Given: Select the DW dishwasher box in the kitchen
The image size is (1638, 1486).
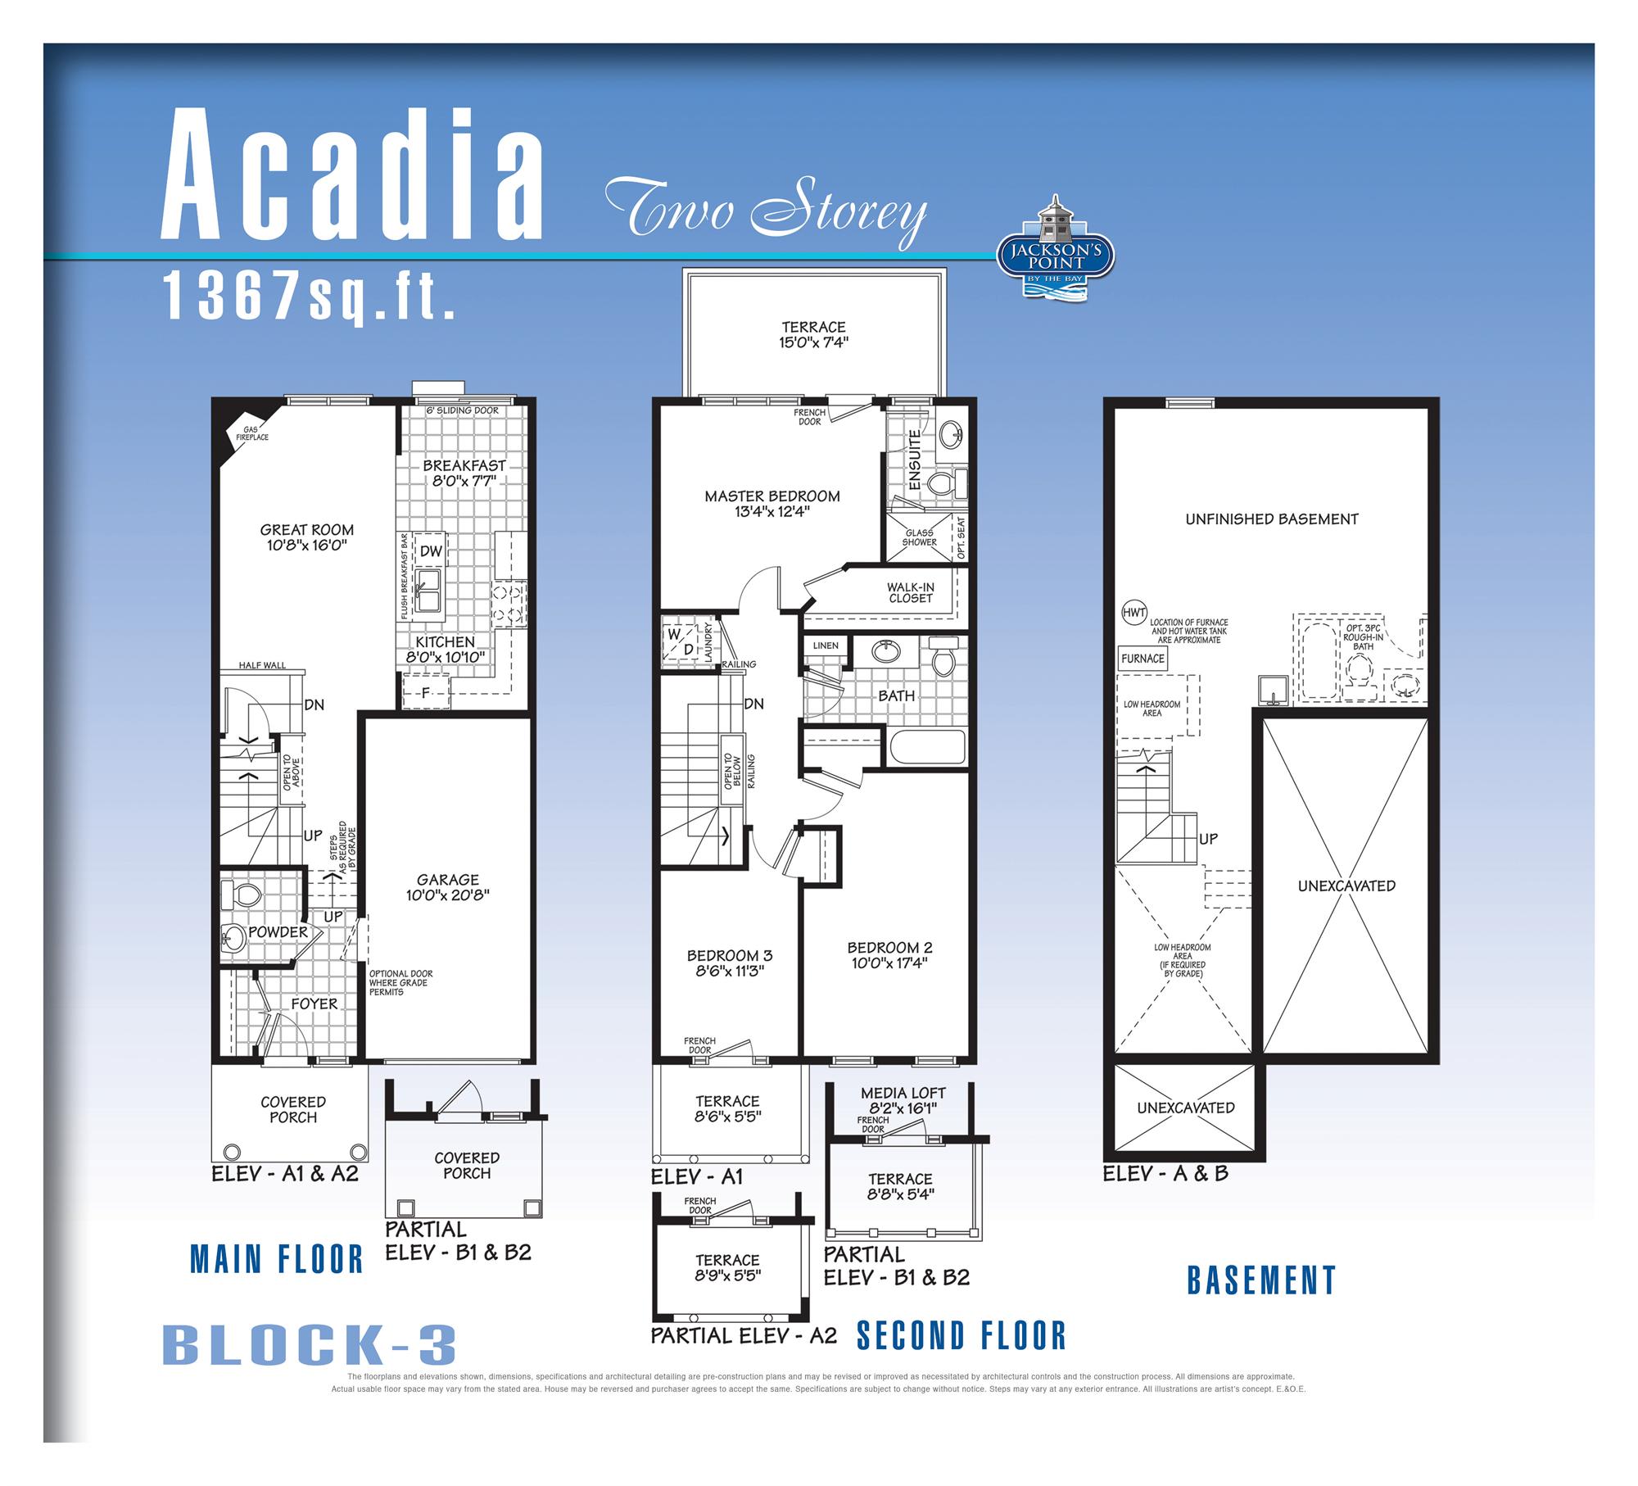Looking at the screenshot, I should tap(431, 551).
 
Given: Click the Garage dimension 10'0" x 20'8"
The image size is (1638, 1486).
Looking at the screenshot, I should tap(448, 895).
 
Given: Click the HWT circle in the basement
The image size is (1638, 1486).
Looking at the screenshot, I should tap(1133, 613).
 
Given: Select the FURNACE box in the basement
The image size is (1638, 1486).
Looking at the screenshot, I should tap(1143, 659).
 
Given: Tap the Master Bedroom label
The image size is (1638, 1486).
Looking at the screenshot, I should tap(772, 496).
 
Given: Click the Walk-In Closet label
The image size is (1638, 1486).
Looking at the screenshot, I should tap(910, 593).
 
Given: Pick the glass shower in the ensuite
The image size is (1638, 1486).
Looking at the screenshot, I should tap(920, 538).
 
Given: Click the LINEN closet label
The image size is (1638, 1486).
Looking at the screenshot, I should tap(826, 646).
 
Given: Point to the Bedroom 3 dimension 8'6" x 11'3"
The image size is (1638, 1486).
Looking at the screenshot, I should tap(729, 971).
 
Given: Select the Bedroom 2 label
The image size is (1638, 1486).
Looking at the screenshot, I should tap(889, 948).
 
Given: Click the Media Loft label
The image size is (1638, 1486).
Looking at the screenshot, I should tap(903, 1093).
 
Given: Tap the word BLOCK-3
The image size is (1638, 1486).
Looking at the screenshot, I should tap(310, 1345).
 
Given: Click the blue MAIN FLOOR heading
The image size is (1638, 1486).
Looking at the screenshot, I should tap(277, 1259).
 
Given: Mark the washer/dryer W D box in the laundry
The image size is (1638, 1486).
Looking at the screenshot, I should tap(681, 641).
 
